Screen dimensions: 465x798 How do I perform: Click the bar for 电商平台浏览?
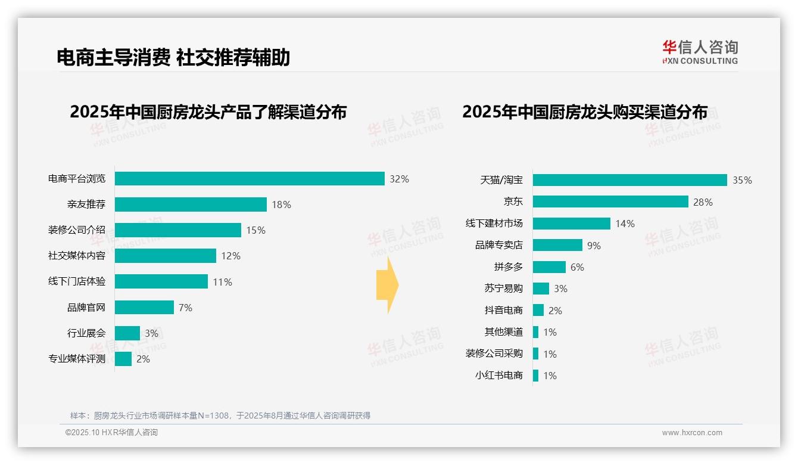250,179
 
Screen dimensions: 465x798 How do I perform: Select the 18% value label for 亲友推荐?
281,204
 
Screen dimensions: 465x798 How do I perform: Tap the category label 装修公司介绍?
77,230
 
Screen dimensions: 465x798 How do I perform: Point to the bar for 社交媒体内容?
166,256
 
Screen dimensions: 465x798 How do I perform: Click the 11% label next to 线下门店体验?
222,282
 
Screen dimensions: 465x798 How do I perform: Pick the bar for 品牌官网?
144,308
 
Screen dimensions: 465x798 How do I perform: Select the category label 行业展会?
86,333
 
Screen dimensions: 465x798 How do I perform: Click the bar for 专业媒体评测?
123,359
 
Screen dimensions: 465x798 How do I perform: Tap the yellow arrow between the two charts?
388,285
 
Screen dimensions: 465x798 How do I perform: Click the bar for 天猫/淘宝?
629,180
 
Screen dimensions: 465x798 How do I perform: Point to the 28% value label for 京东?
703,202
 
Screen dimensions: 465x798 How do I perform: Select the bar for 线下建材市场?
571,224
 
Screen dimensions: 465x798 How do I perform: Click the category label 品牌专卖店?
499,245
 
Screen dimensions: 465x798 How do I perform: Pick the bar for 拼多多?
549,267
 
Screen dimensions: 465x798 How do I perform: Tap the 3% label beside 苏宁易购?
560,289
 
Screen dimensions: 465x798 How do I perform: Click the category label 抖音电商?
504,311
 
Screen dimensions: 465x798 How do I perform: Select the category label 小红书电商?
499,376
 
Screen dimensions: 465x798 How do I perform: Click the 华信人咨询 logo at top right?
700,52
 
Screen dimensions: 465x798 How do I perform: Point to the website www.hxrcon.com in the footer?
692,433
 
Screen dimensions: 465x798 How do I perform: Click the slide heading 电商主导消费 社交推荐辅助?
173,57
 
